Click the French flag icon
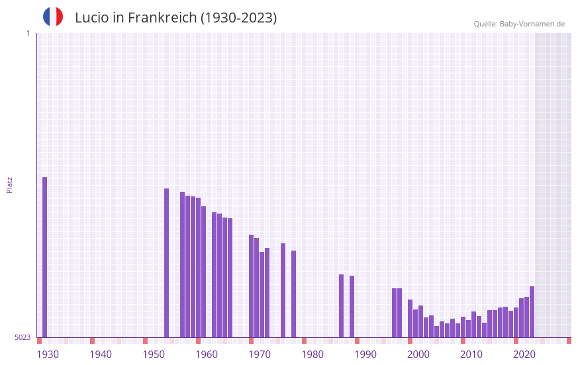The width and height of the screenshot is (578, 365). [x=53, y=17]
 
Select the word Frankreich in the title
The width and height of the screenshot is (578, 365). [x=162, y=18]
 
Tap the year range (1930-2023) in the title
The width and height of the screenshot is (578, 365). [x=238, y=18]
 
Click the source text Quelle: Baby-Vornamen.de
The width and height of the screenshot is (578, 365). [x=519, y=24]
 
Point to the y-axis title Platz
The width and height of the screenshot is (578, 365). [x=9, y=184]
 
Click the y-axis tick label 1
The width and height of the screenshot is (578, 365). [x=28, y=33]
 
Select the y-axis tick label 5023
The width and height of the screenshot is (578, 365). [x=23, y=337]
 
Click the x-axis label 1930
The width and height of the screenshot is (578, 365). [x=48, y=354]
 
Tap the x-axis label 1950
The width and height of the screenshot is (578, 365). [x=154, y=354]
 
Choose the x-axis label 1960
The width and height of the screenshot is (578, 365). [x=207, y=354]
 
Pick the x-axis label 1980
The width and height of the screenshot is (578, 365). [x=313, y=354]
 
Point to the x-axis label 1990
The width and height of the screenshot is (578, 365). [x=365, y=354]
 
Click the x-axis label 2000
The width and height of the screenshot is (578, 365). [x=418, y=354]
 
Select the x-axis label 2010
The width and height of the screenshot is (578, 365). [x=471, y=354]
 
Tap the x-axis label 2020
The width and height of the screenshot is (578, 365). [x=524, y=354]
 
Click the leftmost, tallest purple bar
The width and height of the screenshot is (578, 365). [x=45, y=257]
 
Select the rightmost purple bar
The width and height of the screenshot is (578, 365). [x=532, y=311]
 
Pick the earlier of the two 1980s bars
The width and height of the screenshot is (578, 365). [x=342, y=305]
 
